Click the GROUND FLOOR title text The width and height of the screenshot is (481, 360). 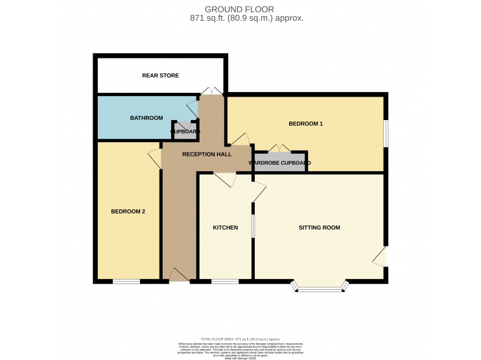pyautogui.click(x=240, y=9)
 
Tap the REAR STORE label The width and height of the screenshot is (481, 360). pyautogui.click(x=160, y=76)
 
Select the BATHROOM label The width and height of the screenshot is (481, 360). pyautogui.click(x=146, y=118)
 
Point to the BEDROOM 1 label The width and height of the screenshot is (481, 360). pyautogui.click(x=305, y=123)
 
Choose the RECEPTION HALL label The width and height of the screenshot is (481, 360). pyautogui.click(x=205, y=154)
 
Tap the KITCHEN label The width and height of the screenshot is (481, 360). pyautogui.click(x=226, y=228)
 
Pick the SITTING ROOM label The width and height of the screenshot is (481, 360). pyautogui.click(x=319, y=228)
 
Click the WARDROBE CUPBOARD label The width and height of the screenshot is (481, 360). pyautogui.click(x=279, y=162)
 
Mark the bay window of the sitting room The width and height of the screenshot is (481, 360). pyautogui.click(x=320, y=287)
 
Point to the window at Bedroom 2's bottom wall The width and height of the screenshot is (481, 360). pyautogui.click(x=126, y=282)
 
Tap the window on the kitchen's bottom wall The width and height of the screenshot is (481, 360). pyautogui.click(x=224, y=282)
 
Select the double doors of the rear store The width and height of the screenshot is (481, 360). pyautogui.click(x=211, y=91)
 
